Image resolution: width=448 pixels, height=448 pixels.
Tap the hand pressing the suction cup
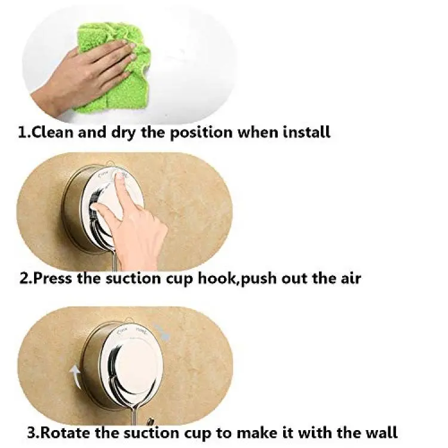(x=131, y=223)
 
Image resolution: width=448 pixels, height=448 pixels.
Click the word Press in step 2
(x=53, y=278)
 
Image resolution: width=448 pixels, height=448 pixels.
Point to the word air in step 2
(x=351, y=278)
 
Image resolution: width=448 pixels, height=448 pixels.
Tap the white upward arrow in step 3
(x=76, y=377)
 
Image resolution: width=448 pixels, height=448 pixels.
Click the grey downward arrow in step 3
(x=162, y=332)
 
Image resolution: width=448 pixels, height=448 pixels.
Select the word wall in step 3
(x=382, y=432)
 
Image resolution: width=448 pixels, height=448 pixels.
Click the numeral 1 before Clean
(x=22, y=133)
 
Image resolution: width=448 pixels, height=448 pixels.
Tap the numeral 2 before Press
(x=24, y=278)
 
